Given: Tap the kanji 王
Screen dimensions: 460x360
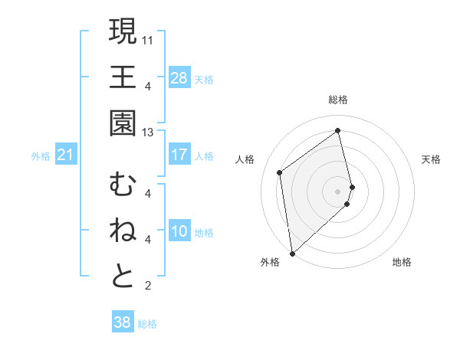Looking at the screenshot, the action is [x=123, y=77].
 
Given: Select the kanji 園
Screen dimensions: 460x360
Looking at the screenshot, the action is [x=123, y=123].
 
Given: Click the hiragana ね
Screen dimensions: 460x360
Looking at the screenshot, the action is [x=123, y=231].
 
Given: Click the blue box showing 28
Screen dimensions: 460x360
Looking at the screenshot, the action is [x=179, y=77].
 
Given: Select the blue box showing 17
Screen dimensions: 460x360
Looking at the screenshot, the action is [x=179, y=155].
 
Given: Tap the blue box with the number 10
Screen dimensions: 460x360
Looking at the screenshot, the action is [x=179, y=232].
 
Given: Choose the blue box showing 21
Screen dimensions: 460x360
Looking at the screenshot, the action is [x=66, y=155].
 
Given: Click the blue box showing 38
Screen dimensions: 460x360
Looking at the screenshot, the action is [x=123, y=322].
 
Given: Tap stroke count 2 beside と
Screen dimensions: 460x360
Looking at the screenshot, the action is [x=147, y=286].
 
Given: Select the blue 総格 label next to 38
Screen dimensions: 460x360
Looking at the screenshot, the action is [x=147, y=324].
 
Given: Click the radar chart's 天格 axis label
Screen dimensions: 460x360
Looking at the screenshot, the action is [x=431, y=159].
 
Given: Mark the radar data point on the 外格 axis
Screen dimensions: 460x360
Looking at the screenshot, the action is [x=292, y=253].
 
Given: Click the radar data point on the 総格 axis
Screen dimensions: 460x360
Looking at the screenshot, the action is [x=338, y=131].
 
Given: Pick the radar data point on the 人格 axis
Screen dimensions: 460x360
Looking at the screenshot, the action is [x=281, y=172].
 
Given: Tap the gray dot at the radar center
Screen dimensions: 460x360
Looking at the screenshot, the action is [x=338, y=191].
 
